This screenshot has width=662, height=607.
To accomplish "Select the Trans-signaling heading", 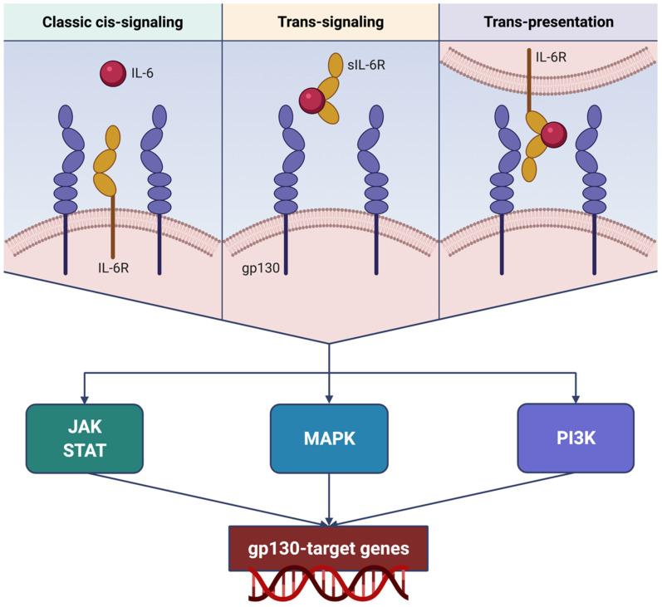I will pos(330,22).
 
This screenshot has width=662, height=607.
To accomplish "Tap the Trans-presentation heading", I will pos(549,22).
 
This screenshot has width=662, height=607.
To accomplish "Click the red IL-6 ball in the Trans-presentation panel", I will pos(554,133).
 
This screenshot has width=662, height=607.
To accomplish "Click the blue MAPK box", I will pos(330,438).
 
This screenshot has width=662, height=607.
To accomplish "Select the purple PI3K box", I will pos(575,438).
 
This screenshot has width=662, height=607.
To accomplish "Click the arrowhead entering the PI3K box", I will pos(575,399).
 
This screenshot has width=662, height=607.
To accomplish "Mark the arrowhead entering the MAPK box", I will pos(330,399).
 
